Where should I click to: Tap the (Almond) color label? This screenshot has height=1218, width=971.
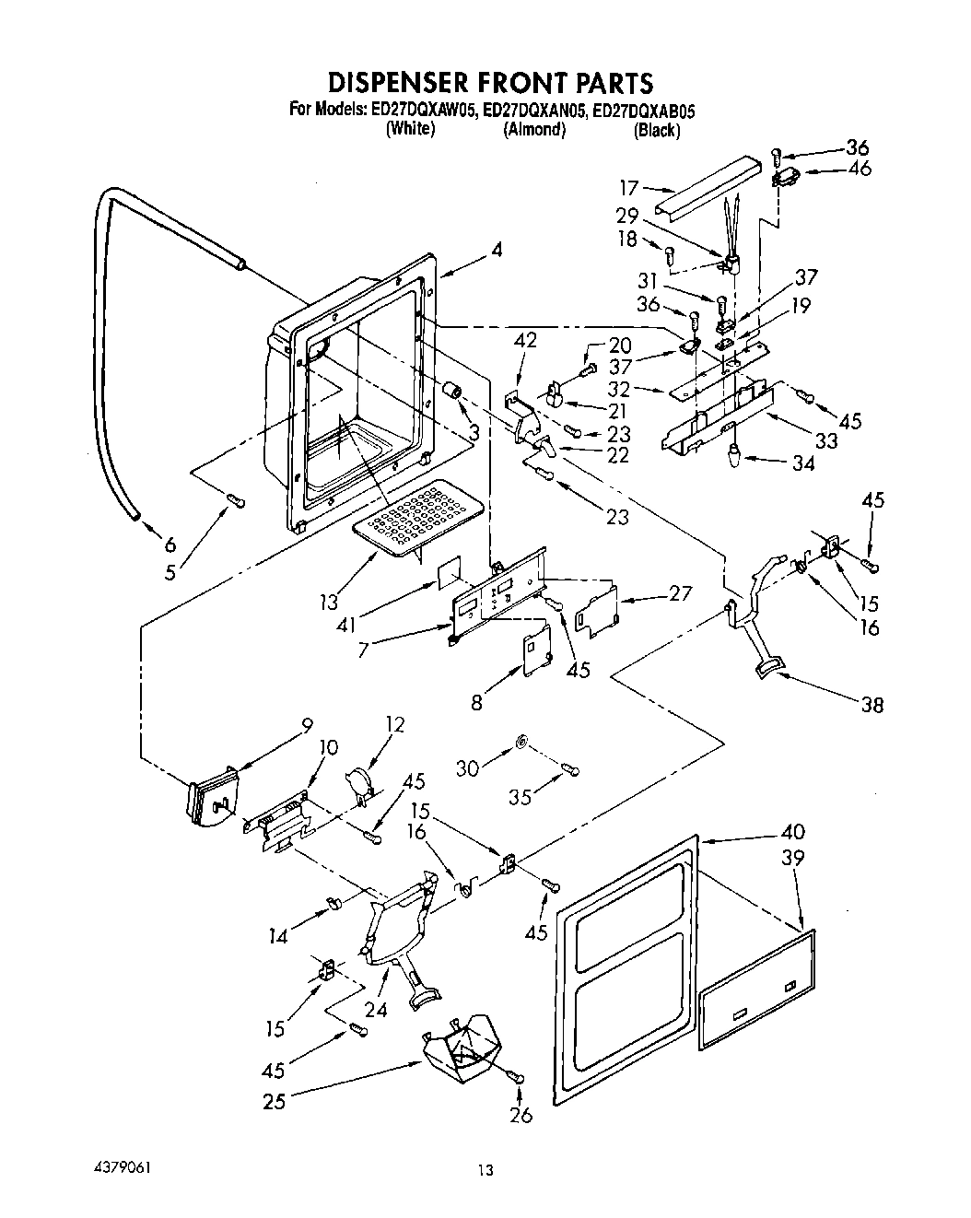pyautogui.click(x=533, y=130)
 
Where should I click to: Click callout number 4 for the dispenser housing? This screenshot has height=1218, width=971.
pyautogui.click(x=497, y=249)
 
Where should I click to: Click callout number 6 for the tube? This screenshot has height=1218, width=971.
pyautogui.click(x=169, y=542)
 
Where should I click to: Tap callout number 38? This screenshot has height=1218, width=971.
pyautogui.click(x=871, y=705)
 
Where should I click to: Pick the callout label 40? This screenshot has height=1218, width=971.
pyautogui.click(x=792, y=830)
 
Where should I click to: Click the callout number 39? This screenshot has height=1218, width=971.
pyautogui.click(x=792, y=857)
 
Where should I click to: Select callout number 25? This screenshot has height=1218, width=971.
pyautogui.click(x=274, y=1100)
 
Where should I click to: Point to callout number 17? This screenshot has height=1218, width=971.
pyautogui.click(x=628, y=188)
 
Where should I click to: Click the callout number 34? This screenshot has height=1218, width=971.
pyautogui.click(x=803, y=463)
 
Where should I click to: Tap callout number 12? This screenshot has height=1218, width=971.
pyautogui.click(x=394, y=725)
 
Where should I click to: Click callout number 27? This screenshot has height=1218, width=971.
pyautogui.click(x=680, y=592)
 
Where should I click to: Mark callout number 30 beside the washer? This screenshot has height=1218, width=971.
pyautogui.click(x=468, y=767)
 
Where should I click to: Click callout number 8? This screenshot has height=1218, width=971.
pyautogui.click(x=476, y=703)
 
